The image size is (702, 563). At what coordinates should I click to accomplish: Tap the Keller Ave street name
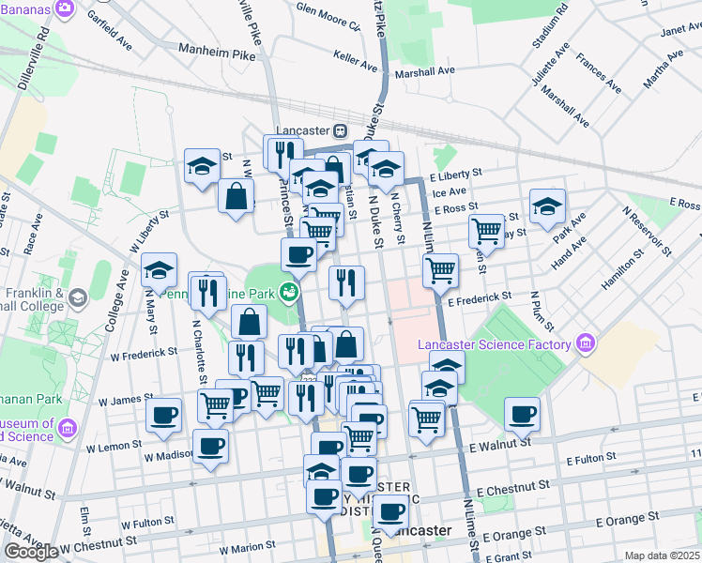tap(355, 57)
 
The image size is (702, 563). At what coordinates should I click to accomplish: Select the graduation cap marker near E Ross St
tap(547, 206)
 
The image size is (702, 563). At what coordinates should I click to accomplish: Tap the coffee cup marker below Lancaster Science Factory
tap(523, 413)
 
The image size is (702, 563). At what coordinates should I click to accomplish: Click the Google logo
tap(31, 552)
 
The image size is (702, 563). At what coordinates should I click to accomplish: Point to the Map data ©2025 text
tap(662, 555)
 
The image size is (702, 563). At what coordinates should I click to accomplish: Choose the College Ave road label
tap(122, 300)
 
